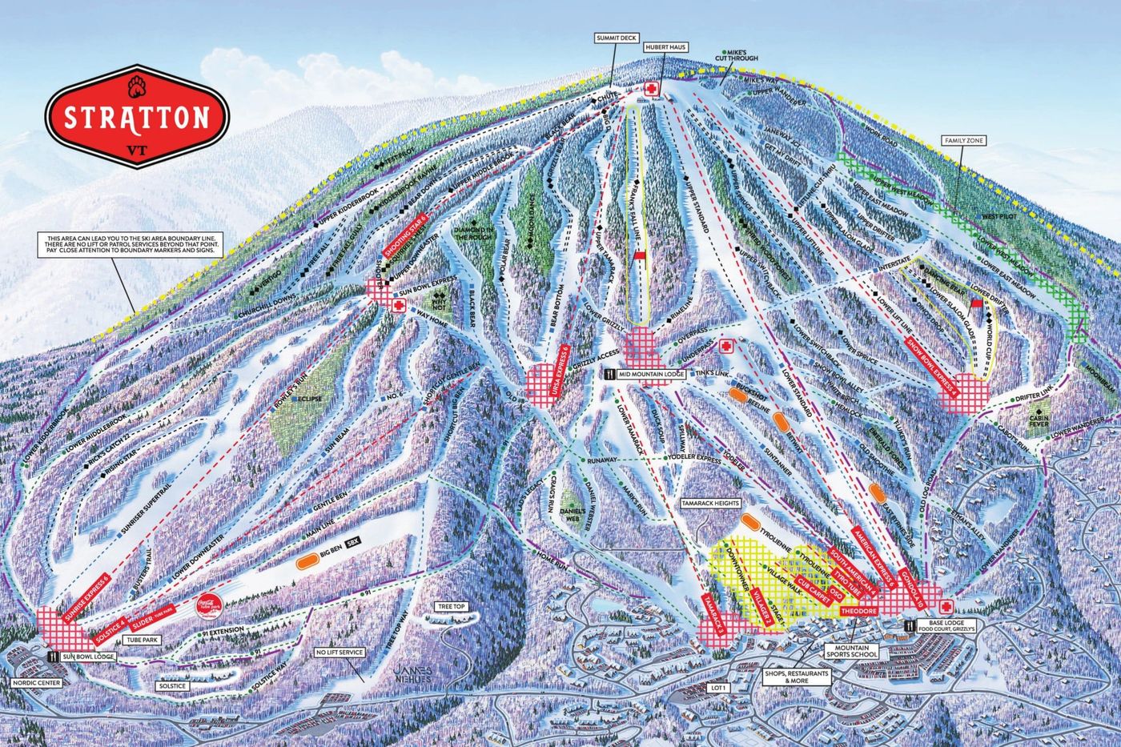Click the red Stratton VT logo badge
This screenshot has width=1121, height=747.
coord(137,116)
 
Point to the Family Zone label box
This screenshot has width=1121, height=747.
coord(966,141)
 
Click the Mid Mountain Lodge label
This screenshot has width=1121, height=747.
coord(650,374)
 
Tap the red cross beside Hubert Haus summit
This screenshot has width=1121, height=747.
coord(653,89)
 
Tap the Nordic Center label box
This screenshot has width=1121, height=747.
coord(37,683)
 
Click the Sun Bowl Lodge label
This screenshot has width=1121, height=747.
coord(89,657)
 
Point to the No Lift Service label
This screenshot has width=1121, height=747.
coord(340,653)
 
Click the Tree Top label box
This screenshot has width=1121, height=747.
coord(451,607)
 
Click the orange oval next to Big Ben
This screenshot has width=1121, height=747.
coord(306,563)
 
